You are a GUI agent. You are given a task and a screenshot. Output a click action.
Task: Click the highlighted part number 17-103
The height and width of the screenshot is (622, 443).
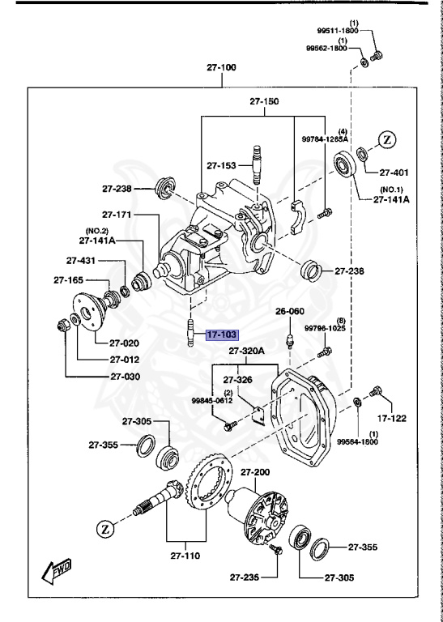coord(222,334)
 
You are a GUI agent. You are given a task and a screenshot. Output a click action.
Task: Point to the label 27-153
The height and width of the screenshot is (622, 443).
coord(220,165)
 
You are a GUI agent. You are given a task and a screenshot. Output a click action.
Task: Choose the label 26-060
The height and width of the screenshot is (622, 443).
coord(290,311)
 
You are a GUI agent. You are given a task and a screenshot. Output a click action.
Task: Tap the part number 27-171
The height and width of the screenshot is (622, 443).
coord(118,215)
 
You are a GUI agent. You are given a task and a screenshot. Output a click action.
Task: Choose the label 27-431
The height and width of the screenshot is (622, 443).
coord(82,261)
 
